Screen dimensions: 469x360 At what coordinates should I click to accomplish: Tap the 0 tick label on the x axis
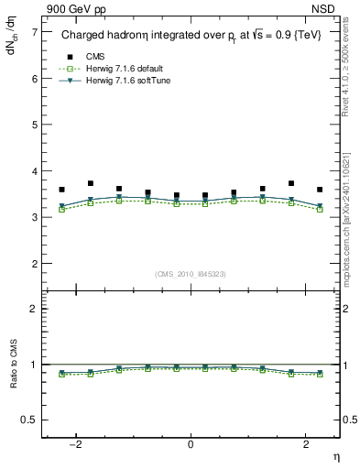point(191,445)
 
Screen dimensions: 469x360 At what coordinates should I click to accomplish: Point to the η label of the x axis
point(335,457)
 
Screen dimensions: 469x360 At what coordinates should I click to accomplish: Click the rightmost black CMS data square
point(320,190)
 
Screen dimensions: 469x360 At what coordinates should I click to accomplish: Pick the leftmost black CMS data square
point(61,190)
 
